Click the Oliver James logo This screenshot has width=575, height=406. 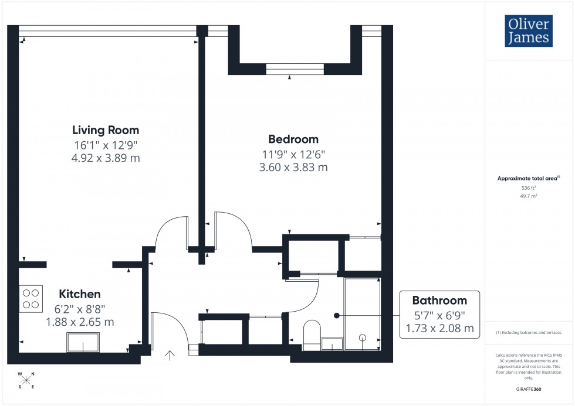pos(529,30)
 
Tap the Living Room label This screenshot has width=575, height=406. pos(106,130)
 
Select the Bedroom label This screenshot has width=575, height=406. pos(293,139)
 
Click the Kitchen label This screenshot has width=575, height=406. pos(79,294)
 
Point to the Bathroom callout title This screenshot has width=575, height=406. pos(439,301)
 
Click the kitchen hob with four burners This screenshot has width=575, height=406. pos(31,298)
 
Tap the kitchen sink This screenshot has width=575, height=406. pos(83,342)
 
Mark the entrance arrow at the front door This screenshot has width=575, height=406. pos(171,354)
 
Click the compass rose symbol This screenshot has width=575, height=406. pos(26,380)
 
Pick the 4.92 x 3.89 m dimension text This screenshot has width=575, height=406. pos(106,158)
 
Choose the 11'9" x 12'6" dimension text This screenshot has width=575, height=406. pos(293,155)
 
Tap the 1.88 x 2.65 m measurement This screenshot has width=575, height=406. pos(80,322)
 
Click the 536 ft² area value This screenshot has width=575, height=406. pos(529,188)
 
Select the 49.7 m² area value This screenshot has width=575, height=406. pos(529,197)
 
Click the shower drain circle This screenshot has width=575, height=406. pos(362,337)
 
